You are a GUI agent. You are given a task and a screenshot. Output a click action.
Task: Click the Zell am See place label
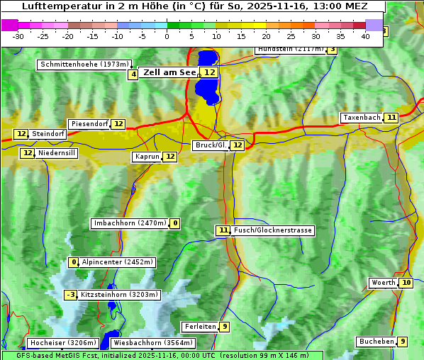coord(169,72)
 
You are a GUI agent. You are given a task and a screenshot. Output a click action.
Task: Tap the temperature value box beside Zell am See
coord(209,72)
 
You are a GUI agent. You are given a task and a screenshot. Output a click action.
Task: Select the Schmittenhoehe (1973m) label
coord(84,64)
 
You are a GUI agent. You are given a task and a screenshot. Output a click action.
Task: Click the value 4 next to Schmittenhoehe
coord(133,74)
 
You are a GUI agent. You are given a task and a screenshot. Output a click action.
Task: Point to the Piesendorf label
coord(89,124)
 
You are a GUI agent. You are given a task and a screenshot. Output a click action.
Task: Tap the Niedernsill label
coord(57,153)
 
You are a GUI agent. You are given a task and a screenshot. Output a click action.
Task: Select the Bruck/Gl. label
coord(211,145)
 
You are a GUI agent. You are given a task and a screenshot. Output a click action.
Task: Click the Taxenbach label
coord(362,118)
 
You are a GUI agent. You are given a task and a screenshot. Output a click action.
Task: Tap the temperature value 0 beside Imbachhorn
coord(174,224)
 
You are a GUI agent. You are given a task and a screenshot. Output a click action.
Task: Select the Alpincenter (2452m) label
coord(118,262)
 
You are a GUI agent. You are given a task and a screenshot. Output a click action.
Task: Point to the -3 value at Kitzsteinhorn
coord(70,295)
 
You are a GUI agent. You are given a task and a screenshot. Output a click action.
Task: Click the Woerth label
coord(384,283)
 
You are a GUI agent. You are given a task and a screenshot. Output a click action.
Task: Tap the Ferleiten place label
coord(199,327)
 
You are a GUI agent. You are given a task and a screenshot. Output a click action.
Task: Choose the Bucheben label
coord(376,342)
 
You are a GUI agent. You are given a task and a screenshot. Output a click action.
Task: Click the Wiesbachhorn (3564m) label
coord(152,343)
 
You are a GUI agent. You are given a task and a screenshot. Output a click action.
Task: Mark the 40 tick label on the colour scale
coord(366,36)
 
